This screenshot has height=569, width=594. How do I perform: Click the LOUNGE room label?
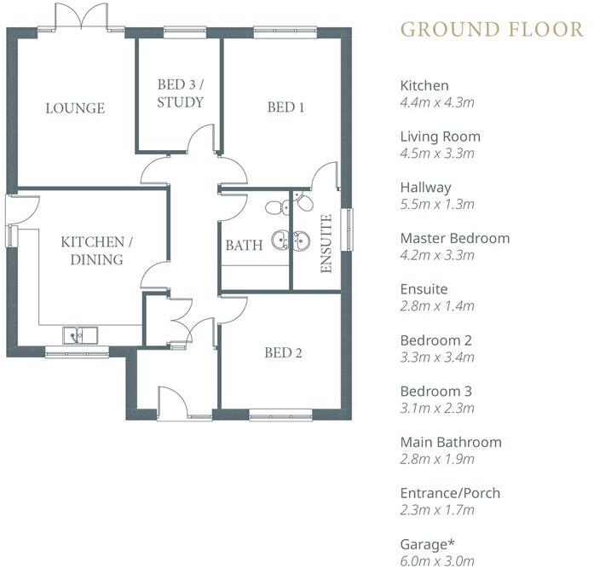(75, 108)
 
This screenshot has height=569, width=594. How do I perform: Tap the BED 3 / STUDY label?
(181, 94)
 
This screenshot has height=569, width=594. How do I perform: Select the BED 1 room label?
(285, 107)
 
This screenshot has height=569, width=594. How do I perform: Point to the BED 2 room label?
(283, 352)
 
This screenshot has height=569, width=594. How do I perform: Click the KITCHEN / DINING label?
(92, 251)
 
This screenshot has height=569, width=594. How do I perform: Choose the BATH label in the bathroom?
(244, 246)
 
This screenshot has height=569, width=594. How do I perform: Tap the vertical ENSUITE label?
(326, 243)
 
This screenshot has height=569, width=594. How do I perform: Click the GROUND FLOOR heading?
(492, 29)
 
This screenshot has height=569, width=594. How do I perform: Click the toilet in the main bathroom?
(274, 207)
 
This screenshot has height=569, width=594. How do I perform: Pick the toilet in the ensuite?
(303, 203)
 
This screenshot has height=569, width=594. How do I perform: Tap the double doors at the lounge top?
(82, 17)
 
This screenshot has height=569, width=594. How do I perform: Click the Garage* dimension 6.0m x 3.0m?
(437, 561)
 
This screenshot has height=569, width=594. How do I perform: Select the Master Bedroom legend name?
(455, 238)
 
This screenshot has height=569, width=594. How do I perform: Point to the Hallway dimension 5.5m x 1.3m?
(437, 205)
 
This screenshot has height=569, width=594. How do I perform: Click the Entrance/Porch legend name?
(450, 493)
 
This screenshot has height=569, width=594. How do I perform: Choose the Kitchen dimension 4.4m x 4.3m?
(437, 102)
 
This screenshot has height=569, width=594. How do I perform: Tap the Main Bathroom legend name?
(451, 442)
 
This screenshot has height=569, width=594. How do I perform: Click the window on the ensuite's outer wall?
(346, 229)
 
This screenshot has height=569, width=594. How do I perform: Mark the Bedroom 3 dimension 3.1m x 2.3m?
(437, 408)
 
